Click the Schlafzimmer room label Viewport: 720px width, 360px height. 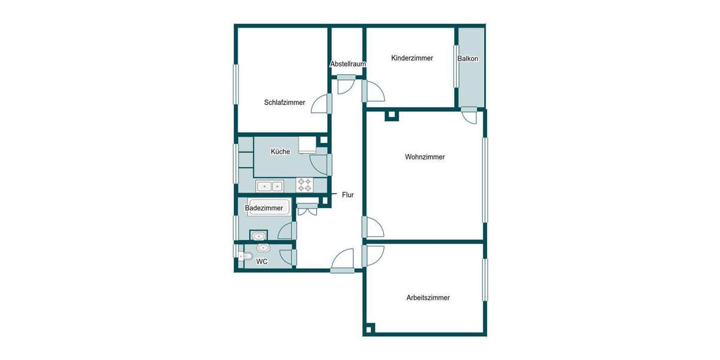click(x=284, y=103)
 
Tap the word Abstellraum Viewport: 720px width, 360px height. click(x=348, y=64)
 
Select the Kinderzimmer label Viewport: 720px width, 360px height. click(x=412, y=58)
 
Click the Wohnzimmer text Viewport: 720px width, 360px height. click(x=425, y=157)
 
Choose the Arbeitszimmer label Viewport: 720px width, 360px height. click(x=428, y=298)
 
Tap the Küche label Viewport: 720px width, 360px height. click(x=280, y=152)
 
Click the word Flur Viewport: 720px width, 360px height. click(x=348, y=195)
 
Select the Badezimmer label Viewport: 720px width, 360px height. click(x=264, y=208)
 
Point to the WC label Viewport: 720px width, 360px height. click(x=262, y=262)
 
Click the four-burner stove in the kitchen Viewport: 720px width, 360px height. click(x=305, y=185)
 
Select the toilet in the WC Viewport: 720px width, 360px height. click(x=244, y=257)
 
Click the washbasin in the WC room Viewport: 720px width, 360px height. click(x=263, y=248)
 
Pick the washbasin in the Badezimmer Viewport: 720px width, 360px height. click(x=259, y=235)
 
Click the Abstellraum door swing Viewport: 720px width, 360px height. click(x=346, y=86)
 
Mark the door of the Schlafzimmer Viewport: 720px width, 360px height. click(x=323, y=103)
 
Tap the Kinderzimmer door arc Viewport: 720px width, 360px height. click(x=374, y=92)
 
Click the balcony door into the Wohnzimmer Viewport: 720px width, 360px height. click(x=469, y=116)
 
